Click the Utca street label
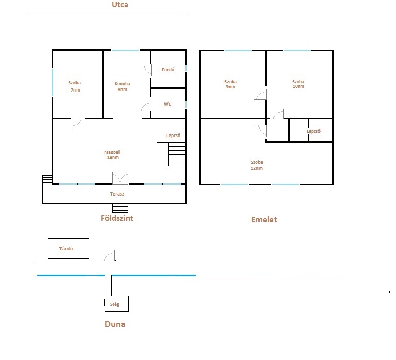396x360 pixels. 120,5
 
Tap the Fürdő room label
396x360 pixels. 168,69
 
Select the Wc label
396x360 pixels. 167,104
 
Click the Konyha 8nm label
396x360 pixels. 122,86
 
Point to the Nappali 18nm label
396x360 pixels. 113,154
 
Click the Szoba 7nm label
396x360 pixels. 74,86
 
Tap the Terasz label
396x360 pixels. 117,194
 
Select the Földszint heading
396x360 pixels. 117,218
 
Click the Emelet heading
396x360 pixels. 264,219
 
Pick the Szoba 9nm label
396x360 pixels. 231,84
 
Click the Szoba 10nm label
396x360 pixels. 298,84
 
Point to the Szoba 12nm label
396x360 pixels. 256,165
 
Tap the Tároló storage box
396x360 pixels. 68,248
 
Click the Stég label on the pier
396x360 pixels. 114,304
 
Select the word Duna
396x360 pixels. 115,324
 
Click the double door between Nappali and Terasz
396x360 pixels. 120,178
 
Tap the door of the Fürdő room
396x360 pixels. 147,69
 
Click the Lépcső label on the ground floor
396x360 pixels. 173,136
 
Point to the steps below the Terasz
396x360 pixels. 120,208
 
